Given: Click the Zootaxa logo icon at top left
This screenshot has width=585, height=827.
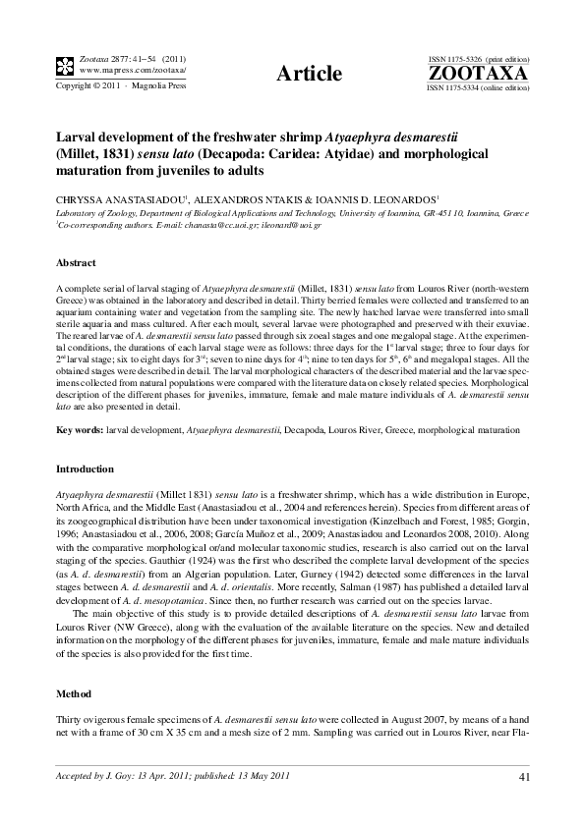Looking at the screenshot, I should [x=64, y=66].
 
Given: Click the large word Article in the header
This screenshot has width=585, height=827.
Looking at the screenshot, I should [x=309, y=74].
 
